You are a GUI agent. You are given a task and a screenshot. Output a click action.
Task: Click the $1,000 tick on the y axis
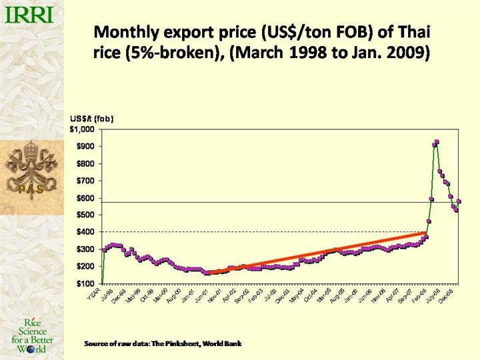point(84,128)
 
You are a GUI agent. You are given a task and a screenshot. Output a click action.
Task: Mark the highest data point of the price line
point(436,142)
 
